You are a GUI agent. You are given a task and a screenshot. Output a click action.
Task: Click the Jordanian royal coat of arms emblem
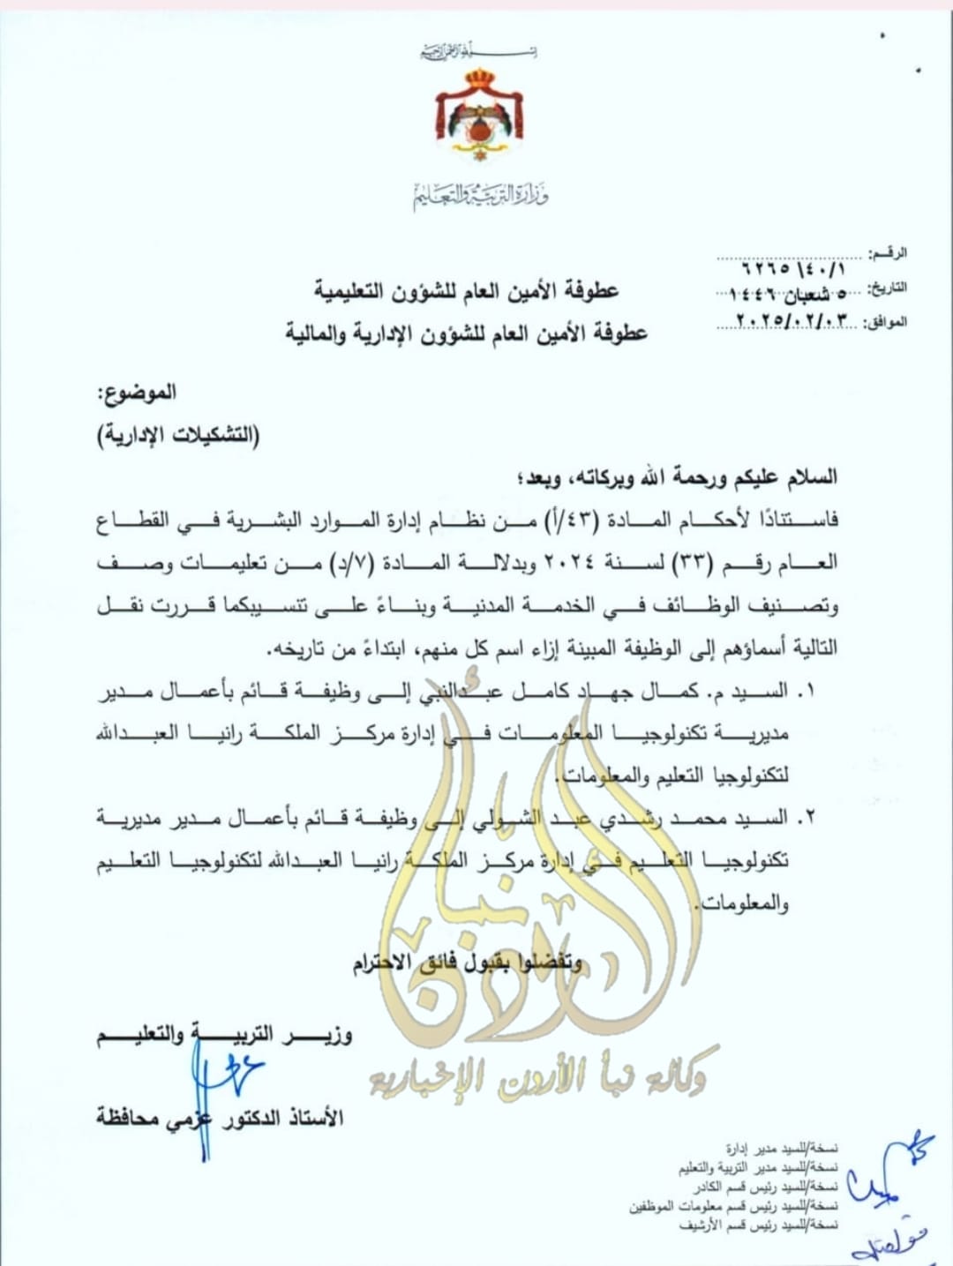478,116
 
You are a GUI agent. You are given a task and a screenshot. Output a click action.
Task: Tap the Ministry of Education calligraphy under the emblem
481,194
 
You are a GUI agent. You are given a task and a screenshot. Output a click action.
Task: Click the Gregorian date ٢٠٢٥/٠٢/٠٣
795,320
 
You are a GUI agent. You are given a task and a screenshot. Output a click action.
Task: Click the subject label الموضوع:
137,392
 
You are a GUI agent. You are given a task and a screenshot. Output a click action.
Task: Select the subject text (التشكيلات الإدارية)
178,436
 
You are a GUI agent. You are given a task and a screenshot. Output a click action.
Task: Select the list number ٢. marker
804,819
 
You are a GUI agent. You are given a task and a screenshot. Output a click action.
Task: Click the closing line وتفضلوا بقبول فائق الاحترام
468,963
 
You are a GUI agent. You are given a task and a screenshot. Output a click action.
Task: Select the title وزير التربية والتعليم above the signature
224,1034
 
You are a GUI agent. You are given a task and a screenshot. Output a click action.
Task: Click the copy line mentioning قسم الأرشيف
758,1225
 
